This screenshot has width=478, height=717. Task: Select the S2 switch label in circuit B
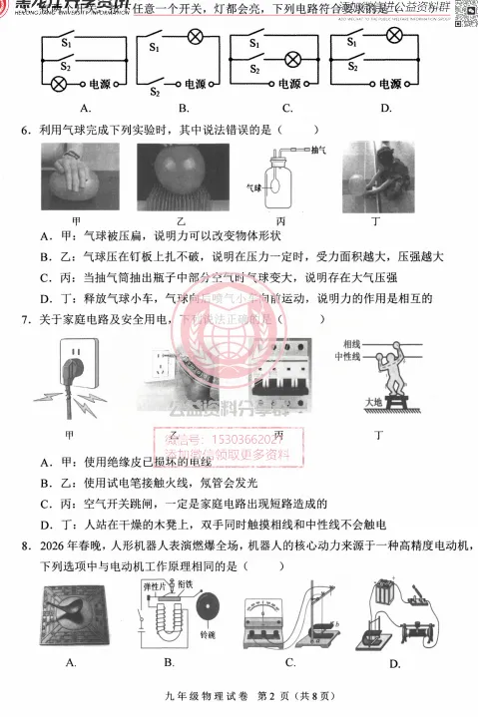(x=155, y=92)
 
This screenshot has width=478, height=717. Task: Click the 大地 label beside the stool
(x=352, y=404)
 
